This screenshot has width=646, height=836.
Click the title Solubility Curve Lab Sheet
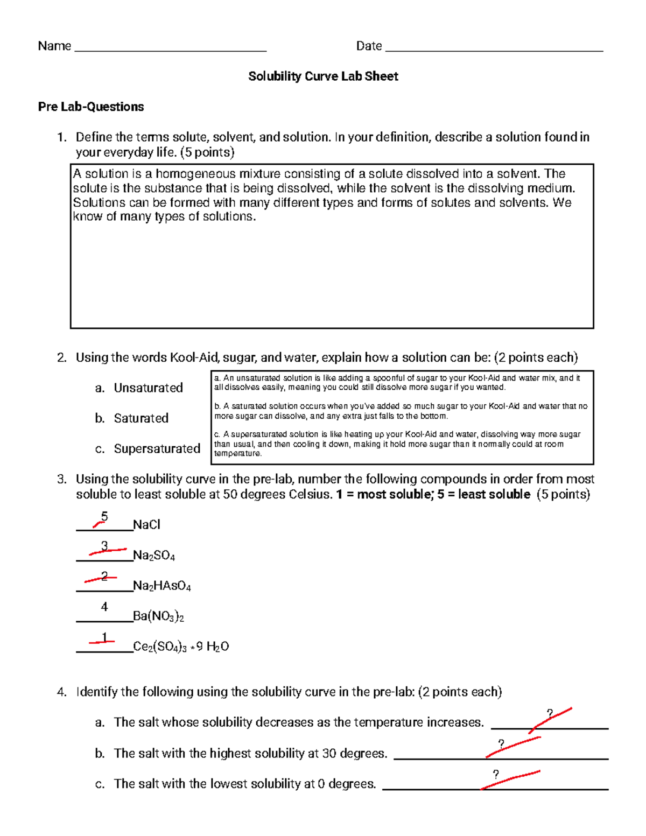pyautogui.click(x=323, y=76)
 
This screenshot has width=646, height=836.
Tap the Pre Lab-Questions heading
pyautogui.click(x=91, y=107)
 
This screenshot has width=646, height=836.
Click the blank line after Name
pyautogui.click(x=171, y=48)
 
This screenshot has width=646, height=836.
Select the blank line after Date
pyautogui.click(x=494, y=48)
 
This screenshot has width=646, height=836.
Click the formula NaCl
pyautogui.click(x=146, y=525)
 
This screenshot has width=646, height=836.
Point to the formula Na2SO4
pyautogui.click(x=154, y=556)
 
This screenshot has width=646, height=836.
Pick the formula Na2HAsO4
pyautogui.click(x=162, y=586)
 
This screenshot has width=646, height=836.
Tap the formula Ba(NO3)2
pyautogui.click(x=158, y=616)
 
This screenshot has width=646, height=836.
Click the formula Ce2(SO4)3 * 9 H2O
pyautogui.click(x=181, y=647)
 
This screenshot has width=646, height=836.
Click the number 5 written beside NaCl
pyautogui.click(x=104, y=517)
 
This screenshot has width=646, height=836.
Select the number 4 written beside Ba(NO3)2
pyautogui.click(x=104, y=607)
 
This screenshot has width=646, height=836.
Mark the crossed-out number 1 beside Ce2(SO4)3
pyautogui.click(x=104, y=638)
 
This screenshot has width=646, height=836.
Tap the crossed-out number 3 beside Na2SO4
pyautogui.click(x=104, y=547)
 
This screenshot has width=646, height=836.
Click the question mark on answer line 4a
pyautogui.click(x=550, y=714)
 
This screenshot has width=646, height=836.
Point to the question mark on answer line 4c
pyautogui.click(x=496, y=775)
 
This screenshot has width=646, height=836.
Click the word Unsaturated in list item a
pyautogui.click(x=148, y=388)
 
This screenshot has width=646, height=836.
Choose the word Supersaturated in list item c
pyautogui.click(x=157, y=448)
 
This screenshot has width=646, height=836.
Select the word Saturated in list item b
pyautogui.click(x=141, y=418)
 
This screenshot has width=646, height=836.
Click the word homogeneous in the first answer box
pyautogui.click(x=195, y=174)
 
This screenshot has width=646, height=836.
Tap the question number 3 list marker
pyautogui.click(x=62, y=479)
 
